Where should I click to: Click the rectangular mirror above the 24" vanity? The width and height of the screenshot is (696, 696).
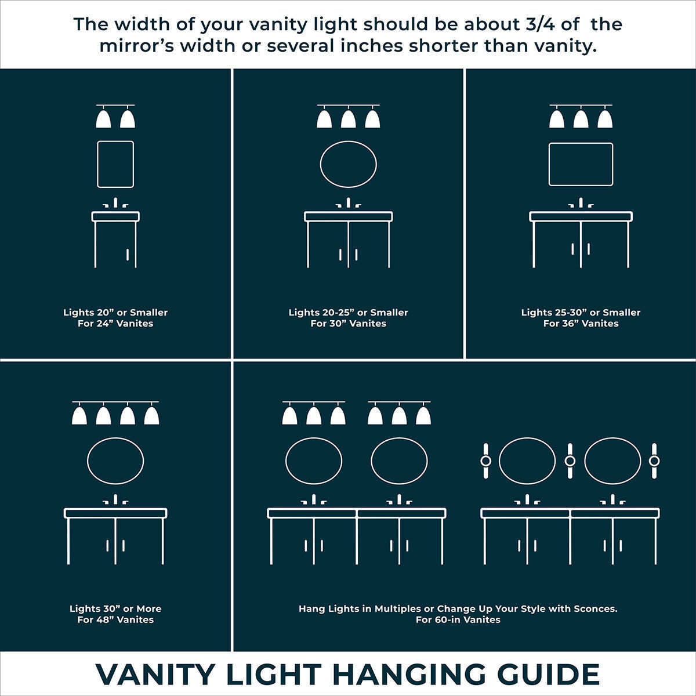point(115,164)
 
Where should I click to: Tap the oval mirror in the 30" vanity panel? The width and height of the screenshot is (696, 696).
point(348,164)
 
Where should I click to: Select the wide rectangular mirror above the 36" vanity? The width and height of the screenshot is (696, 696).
point(581,164)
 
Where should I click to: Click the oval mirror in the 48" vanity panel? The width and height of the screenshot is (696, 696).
point(115,461)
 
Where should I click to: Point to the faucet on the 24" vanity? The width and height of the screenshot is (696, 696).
point(115,204)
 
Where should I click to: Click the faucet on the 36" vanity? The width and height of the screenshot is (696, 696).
point(581,204)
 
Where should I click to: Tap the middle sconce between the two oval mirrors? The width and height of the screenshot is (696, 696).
point(570,461)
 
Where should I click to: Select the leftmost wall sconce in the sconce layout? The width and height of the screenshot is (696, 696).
point(486,461)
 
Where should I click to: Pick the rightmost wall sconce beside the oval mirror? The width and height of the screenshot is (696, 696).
point(654,461)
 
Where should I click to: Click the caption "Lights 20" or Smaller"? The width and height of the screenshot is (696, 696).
point(115,313)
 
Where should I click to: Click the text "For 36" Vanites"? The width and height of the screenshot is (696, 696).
point(581,324)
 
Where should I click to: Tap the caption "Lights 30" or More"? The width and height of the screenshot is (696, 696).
point(115,609)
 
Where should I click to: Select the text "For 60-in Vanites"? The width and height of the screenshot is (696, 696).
point(458,620)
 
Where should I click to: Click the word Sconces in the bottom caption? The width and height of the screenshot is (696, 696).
point(594,609)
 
